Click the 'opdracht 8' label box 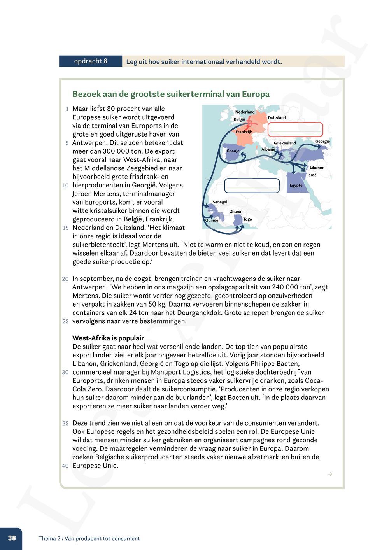pos(91,61)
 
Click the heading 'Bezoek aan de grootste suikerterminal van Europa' pos(171,94)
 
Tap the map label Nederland pos(245,112)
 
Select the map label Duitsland pos(277,117)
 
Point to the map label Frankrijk pos(244,132)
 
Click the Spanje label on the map pos(233,151)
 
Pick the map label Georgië pos(322,141)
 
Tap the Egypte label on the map pos(296,185)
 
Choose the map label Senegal pos(220,202)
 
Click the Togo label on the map pos(247,219)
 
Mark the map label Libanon pos(317,168)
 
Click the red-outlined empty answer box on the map pos(295,129)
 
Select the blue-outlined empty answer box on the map pos(252,186)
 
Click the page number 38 pos(12,538)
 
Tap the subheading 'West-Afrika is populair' pos(108,338)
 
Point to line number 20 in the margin pos(65,279)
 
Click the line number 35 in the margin pos(65,423)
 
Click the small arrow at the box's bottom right pos(329,474)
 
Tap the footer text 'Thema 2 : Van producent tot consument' pos(89,538)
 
